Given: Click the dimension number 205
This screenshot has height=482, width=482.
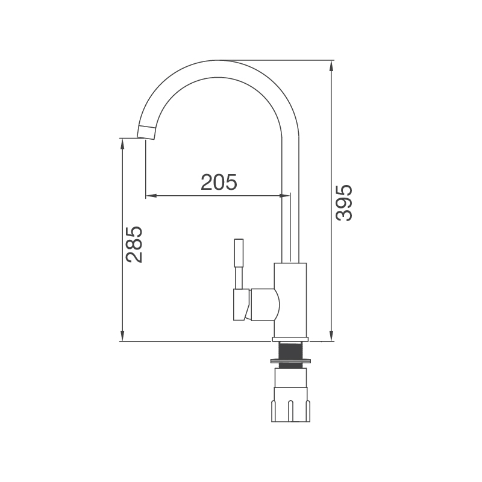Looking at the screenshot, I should coord(219,182).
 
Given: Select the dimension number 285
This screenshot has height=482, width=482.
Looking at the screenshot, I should coord(134,244).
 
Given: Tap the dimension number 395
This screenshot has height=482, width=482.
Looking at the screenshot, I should coord(344,203).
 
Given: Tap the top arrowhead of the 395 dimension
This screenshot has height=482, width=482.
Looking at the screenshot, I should coord(331,65).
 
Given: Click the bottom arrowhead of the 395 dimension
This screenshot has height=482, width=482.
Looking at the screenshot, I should coord(331,336).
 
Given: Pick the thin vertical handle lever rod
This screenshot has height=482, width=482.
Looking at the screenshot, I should coord(239,263).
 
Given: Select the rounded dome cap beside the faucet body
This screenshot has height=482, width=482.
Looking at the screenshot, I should coord(265,304).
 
